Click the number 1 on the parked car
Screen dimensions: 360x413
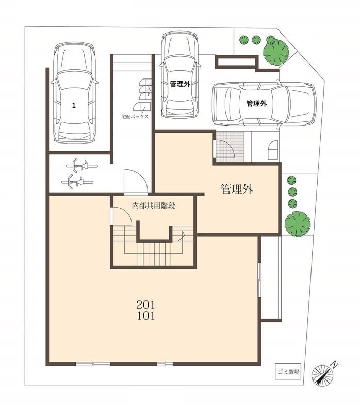74,106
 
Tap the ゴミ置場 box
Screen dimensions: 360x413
288,372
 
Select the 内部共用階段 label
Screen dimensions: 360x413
153,205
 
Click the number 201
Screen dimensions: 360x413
145,305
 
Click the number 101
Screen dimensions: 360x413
145,315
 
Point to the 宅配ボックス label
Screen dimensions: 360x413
135,117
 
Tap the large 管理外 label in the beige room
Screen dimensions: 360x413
237,189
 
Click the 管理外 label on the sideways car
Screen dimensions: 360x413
256,104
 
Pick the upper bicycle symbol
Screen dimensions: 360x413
82,166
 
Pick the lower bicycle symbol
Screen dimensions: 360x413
77,182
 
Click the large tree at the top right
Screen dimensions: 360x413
276,52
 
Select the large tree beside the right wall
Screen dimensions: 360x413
298,224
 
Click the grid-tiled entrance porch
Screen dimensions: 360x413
230,147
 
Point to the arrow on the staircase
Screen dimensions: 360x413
182,236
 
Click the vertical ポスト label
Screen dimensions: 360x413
149,89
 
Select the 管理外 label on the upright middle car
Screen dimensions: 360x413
180,84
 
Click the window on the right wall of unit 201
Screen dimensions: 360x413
259,280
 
